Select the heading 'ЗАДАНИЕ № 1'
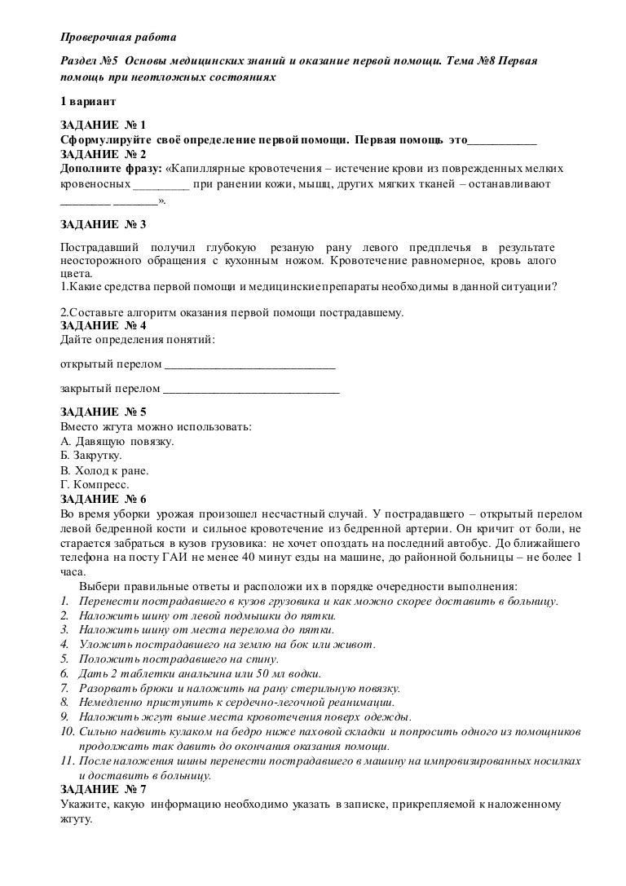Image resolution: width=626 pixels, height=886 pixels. pyautogui.click(x=103, y=126)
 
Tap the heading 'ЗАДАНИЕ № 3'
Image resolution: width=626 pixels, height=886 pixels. pyautogui.click(x=103, y=223)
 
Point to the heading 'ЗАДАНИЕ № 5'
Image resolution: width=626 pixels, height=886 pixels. pyautogui.click(x=103, y=412)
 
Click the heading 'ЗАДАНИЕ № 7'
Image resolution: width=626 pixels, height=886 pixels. pyautogui.click(x=103, y=790)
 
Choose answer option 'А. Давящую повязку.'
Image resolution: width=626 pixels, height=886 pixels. pyautogui.click(x=117, y=441)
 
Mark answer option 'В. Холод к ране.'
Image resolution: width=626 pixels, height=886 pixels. pyautogui.click(x=105, y=470)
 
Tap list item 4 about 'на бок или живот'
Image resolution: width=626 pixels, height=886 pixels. pyautogui.click(x=227, y=646)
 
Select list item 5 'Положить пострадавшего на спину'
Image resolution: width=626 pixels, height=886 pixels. pyautogui.click(x=179, y=659)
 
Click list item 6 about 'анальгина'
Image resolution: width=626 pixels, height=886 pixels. pyautogui.click(x=200, y=674)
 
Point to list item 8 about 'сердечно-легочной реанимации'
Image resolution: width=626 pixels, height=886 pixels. pyautogui.click(x=236, y=703)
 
